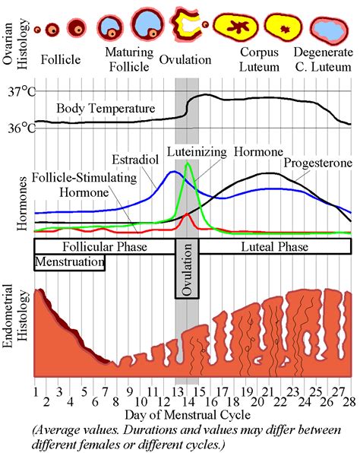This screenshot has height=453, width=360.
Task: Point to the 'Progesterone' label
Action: tap(317, 163)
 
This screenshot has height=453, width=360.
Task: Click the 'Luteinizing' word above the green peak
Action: tap(197, 151)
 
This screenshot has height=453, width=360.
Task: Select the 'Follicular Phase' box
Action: tap(105, 248)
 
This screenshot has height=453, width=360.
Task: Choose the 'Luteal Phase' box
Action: tap(275, 248)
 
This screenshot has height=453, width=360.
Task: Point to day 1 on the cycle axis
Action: tap(36, 392)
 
